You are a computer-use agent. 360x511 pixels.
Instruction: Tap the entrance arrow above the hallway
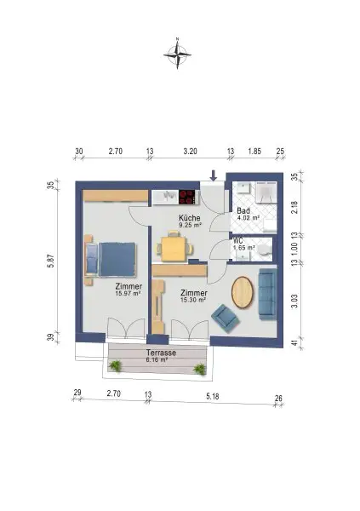point(214,175)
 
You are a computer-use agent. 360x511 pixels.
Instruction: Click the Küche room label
point(189,219)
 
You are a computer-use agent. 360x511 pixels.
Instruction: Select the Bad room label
point(243,210)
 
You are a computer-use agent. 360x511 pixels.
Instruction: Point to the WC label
point(239,240)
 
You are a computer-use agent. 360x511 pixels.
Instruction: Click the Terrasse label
point(160,352)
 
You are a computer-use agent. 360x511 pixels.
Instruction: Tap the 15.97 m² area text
point(129,295)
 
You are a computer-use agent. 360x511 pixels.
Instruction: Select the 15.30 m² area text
point(193,300)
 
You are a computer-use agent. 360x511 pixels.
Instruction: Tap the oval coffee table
point(243,291)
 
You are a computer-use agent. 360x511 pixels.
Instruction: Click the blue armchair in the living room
point(226,319)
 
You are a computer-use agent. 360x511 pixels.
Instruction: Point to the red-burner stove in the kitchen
point(186,197)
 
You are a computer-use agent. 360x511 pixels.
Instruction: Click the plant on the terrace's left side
point(115,366)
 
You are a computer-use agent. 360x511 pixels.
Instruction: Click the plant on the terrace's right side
point(199,368)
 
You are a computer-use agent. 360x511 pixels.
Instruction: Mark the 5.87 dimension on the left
point(50,261)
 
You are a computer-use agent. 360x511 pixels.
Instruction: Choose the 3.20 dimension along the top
point(190,151)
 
